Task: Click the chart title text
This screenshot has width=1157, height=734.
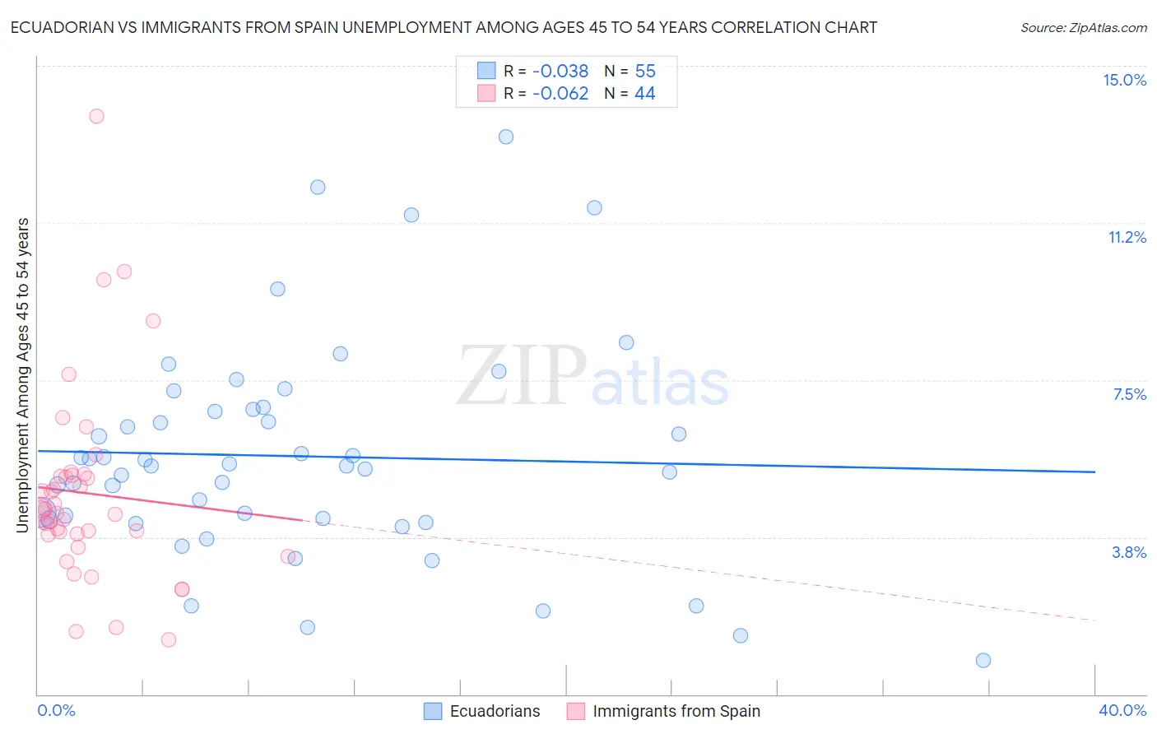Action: [444, 27]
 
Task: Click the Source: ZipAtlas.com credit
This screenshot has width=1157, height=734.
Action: [1083, 28]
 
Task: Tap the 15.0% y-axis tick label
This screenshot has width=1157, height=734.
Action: [1124, 80]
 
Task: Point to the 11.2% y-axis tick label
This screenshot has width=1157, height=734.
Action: [1127, 237]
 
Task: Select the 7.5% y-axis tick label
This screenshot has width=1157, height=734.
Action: [1129, 394]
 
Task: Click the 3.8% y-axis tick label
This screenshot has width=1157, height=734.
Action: [1129, 552]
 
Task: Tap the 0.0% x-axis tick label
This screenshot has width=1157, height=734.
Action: [56, 710]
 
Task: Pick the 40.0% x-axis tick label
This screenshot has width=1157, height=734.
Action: [1122, 710]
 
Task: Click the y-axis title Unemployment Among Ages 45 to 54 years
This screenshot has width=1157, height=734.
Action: [23, 375]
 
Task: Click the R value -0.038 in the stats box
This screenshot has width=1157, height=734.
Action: [560, 72]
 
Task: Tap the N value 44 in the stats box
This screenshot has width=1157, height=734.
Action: [644, 94]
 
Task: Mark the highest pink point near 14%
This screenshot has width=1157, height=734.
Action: [96, 116]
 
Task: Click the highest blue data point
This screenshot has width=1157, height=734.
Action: [506, 137]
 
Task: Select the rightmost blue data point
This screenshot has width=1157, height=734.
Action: [983, 660]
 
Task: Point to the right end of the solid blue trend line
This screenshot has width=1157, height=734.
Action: [1094, 472]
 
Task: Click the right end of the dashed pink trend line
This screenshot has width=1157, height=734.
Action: [1094, 620]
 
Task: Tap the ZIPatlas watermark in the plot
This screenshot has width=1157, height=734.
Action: [592, 377]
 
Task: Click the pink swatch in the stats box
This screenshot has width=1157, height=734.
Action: [486, 94]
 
